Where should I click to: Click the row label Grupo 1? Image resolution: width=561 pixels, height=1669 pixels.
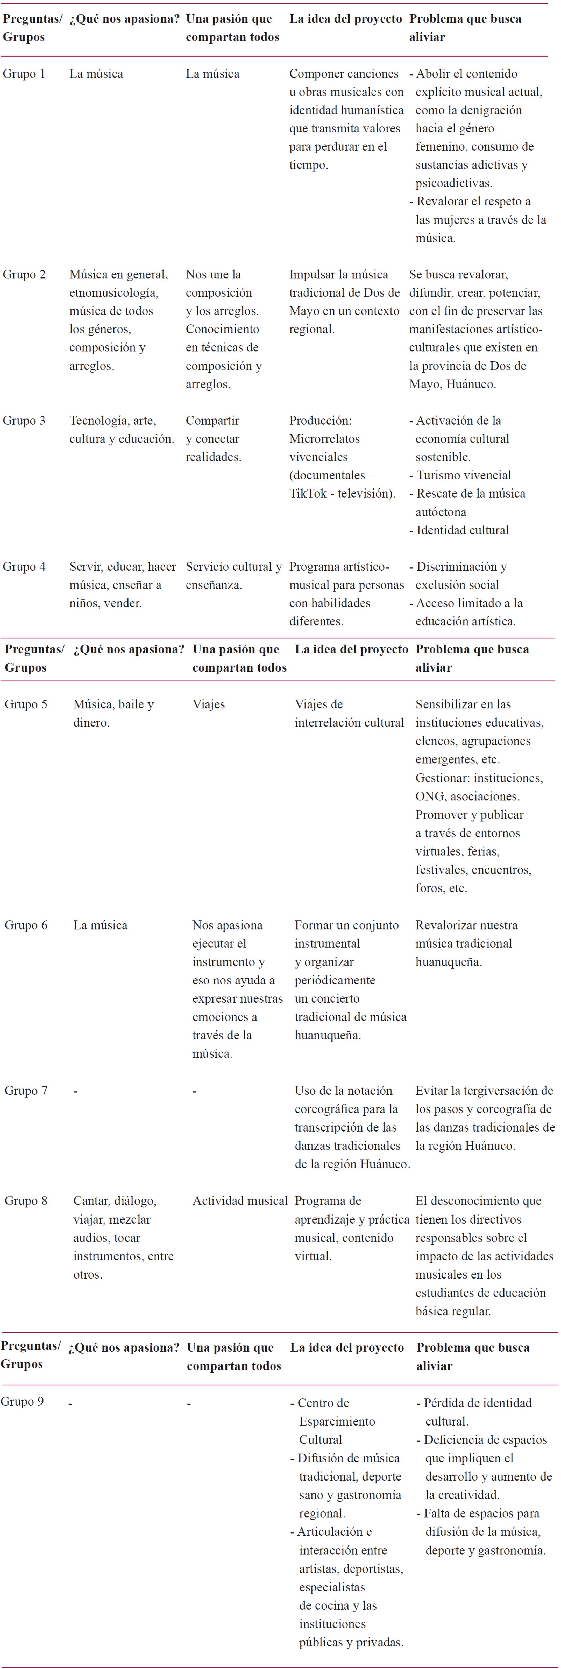(x=24, y=74)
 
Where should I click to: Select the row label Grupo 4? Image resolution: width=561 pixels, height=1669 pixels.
(x=24, y=567)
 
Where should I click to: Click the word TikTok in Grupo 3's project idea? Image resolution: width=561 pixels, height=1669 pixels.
(x=308, y=494)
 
